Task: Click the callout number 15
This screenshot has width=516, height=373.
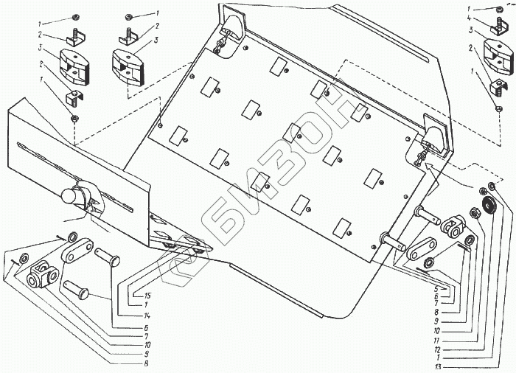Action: [x=138, y=295]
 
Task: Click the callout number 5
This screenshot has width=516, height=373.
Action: [x=438, y=289]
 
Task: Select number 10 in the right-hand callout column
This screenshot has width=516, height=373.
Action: [x=439, y=332]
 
